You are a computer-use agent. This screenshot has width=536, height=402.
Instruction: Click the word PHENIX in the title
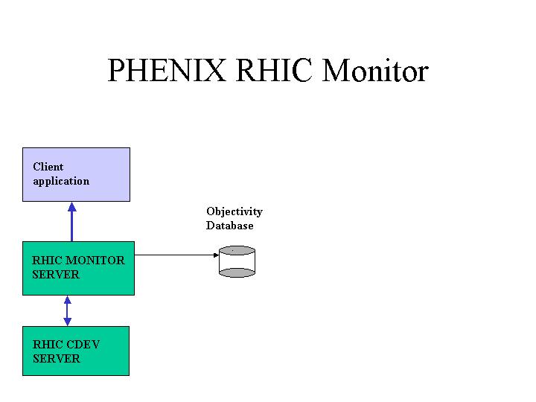pos(167,70)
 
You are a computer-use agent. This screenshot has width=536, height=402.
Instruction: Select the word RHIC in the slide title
pos(274,70)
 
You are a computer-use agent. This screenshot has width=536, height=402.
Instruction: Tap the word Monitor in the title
pos(375,70)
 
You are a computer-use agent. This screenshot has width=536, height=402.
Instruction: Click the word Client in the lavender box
pos(48,167)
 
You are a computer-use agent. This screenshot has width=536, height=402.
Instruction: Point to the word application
pos(61,181)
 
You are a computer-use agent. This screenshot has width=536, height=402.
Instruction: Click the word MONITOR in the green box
pos(95,260)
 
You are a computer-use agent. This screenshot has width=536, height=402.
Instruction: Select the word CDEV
pos(83,344)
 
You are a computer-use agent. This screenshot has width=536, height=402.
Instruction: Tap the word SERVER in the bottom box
pos(57,359)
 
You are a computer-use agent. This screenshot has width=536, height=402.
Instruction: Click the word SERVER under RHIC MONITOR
pos(56,275)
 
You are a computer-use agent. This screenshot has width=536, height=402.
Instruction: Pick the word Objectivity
pos(234,211)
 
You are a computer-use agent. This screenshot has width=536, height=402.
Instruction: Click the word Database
pos(230,226)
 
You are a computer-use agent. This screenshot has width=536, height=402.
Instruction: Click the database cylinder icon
pos(237,261)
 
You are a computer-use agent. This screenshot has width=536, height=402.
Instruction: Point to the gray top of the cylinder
pos(237,250)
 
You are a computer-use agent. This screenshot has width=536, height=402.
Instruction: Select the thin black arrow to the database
pos(176,255)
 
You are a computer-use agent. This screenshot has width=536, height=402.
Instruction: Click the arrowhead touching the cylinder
pos(216,255)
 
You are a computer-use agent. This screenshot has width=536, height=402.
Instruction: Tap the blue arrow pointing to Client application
pos(71,222)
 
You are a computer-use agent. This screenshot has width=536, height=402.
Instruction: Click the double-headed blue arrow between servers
pos(67,310)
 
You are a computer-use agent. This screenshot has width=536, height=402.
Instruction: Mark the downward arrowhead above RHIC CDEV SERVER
pos(67,322)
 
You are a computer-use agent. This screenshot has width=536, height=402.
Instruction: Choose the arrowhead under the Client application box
pos(71,206)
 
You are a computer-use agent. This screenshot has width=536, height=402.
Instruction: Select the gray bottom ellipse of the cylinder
pos(237,272)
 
